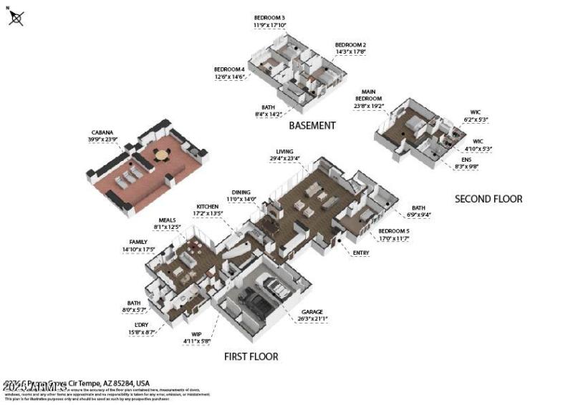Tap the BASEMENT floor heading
click(x=312, y=125)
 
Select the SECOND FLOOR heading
click(x=488, y=199)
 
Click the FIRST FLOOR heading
click(x=251, y=356)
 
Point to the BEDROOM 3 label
click(x=269, y=17)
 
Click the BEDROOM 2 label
click(x=351, y=44)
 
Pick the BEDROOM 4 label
click(x=229, y=69)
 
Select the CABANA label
click(x=102, y=133)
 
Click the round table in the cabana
click(x=162, y=154)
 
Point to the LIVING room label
click(x=285, y=152)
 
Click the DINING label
click(x=241, y=192)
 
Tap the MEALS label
click(x=167, y=220)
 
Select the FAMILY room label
click(x=138, y=243)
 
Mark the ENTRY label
click(x=362, y=253)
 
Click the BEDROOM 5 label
click(x=393, y=230)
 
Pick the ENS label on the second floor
click(x=466, y=159)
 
